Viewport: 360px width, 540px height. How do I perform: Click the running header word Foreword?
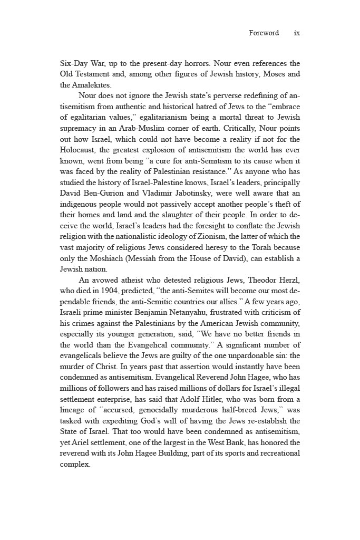coord(264,33)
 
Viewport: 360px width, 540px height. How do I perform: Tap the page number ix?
coord(297,33)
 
